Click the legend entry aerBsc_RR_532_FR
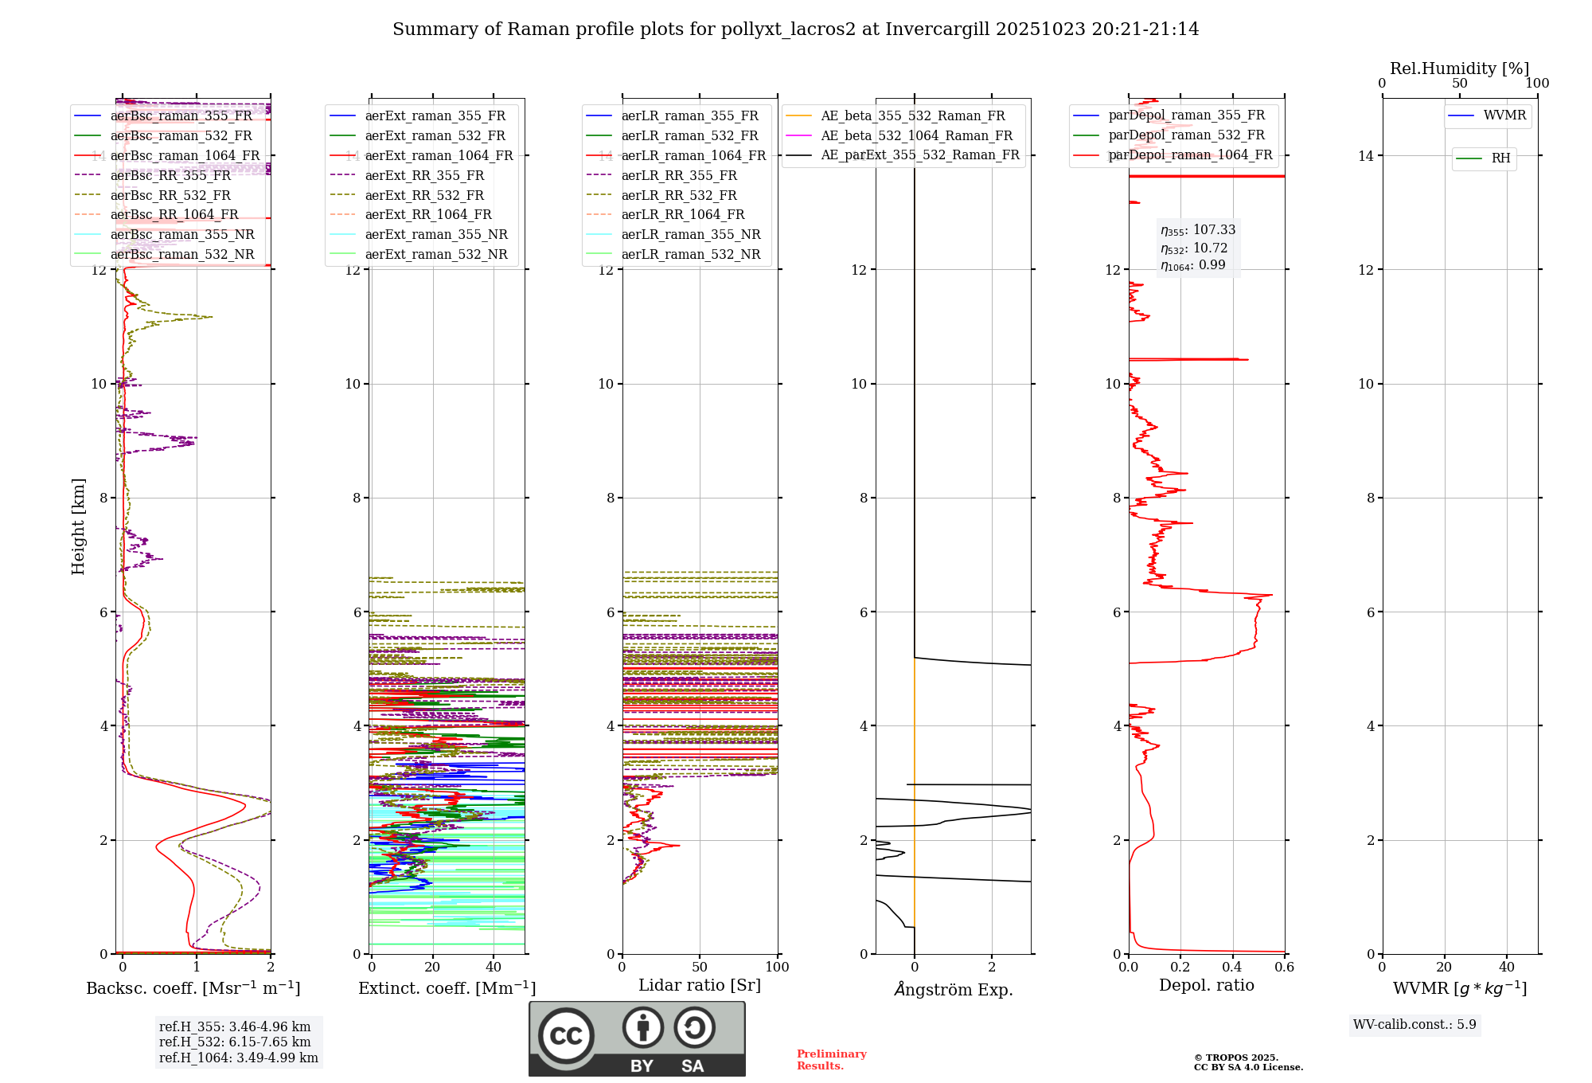tap(170, 195)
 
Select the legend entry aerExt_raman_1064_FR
tap(439, 156)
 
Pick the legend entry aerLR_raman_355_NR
tap(690, 235)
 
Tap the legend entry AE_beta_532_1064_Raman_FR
tap(916, 136)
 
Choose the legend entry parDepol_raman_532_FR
tap(1186, 135)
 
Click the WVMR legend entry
tap(1504, 115)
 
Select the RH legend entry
tap(1500, 158)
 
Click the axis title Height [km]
tap(78, 526)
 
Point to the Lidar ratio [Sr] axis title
tap(699, 985)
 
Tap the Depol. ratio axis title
tap(1206, 985)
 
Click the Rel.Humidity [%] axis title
tap(1459, 68)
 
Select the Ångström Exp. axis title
tap(953, 990)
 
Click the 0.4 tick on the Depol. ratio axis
tap(1232, 968)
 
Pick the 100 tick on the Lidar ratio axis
tap(777, 968)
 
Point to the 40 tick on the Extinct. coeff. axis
tap(494, 968)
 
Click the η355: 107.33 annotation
tap(1197, 230)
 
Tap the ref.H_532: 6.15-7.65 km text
tap(235, 1042)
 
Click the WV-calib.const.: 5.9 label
tap(1414, 1025)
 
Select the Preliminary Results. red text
tap(831, 1060)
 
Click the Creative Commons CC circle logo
tap(566, 1036)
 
